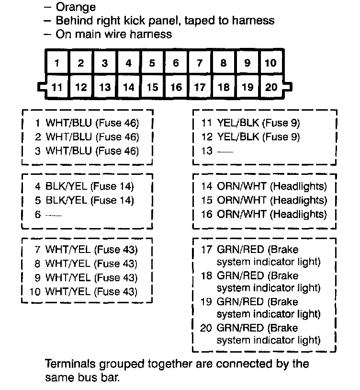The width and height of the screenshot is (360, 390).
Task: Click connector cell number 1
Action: coord(57,63)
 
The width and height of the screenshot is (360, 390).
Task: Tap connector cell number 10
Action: coord(271,63)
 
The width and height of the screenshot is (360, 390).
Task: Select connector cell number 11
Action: coord(57,87)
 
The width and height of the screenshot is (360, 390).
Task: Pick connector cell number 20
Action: coord(271,87)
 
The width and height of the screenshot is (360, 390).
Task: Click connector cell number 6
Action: coord(176,63)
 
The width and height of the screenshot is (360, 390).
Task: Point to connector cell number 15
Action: coord(152,87)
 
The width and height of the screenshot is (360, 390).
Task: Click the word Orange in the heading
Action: coord(76,7)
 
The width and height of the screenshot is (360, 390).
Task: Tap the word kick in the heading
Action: coord(149,21)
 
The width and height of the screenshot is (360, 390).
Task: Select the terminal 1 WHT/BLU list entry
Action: coord(87,123)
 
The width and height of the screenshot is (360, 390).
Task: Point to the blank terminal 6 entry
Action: coord(48,214)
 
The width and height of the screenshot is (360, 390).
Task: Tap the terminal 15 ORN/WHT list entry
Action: coord(264,200)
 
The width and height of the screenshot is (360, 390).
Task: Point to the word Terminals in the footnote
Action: coord(68,364)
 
